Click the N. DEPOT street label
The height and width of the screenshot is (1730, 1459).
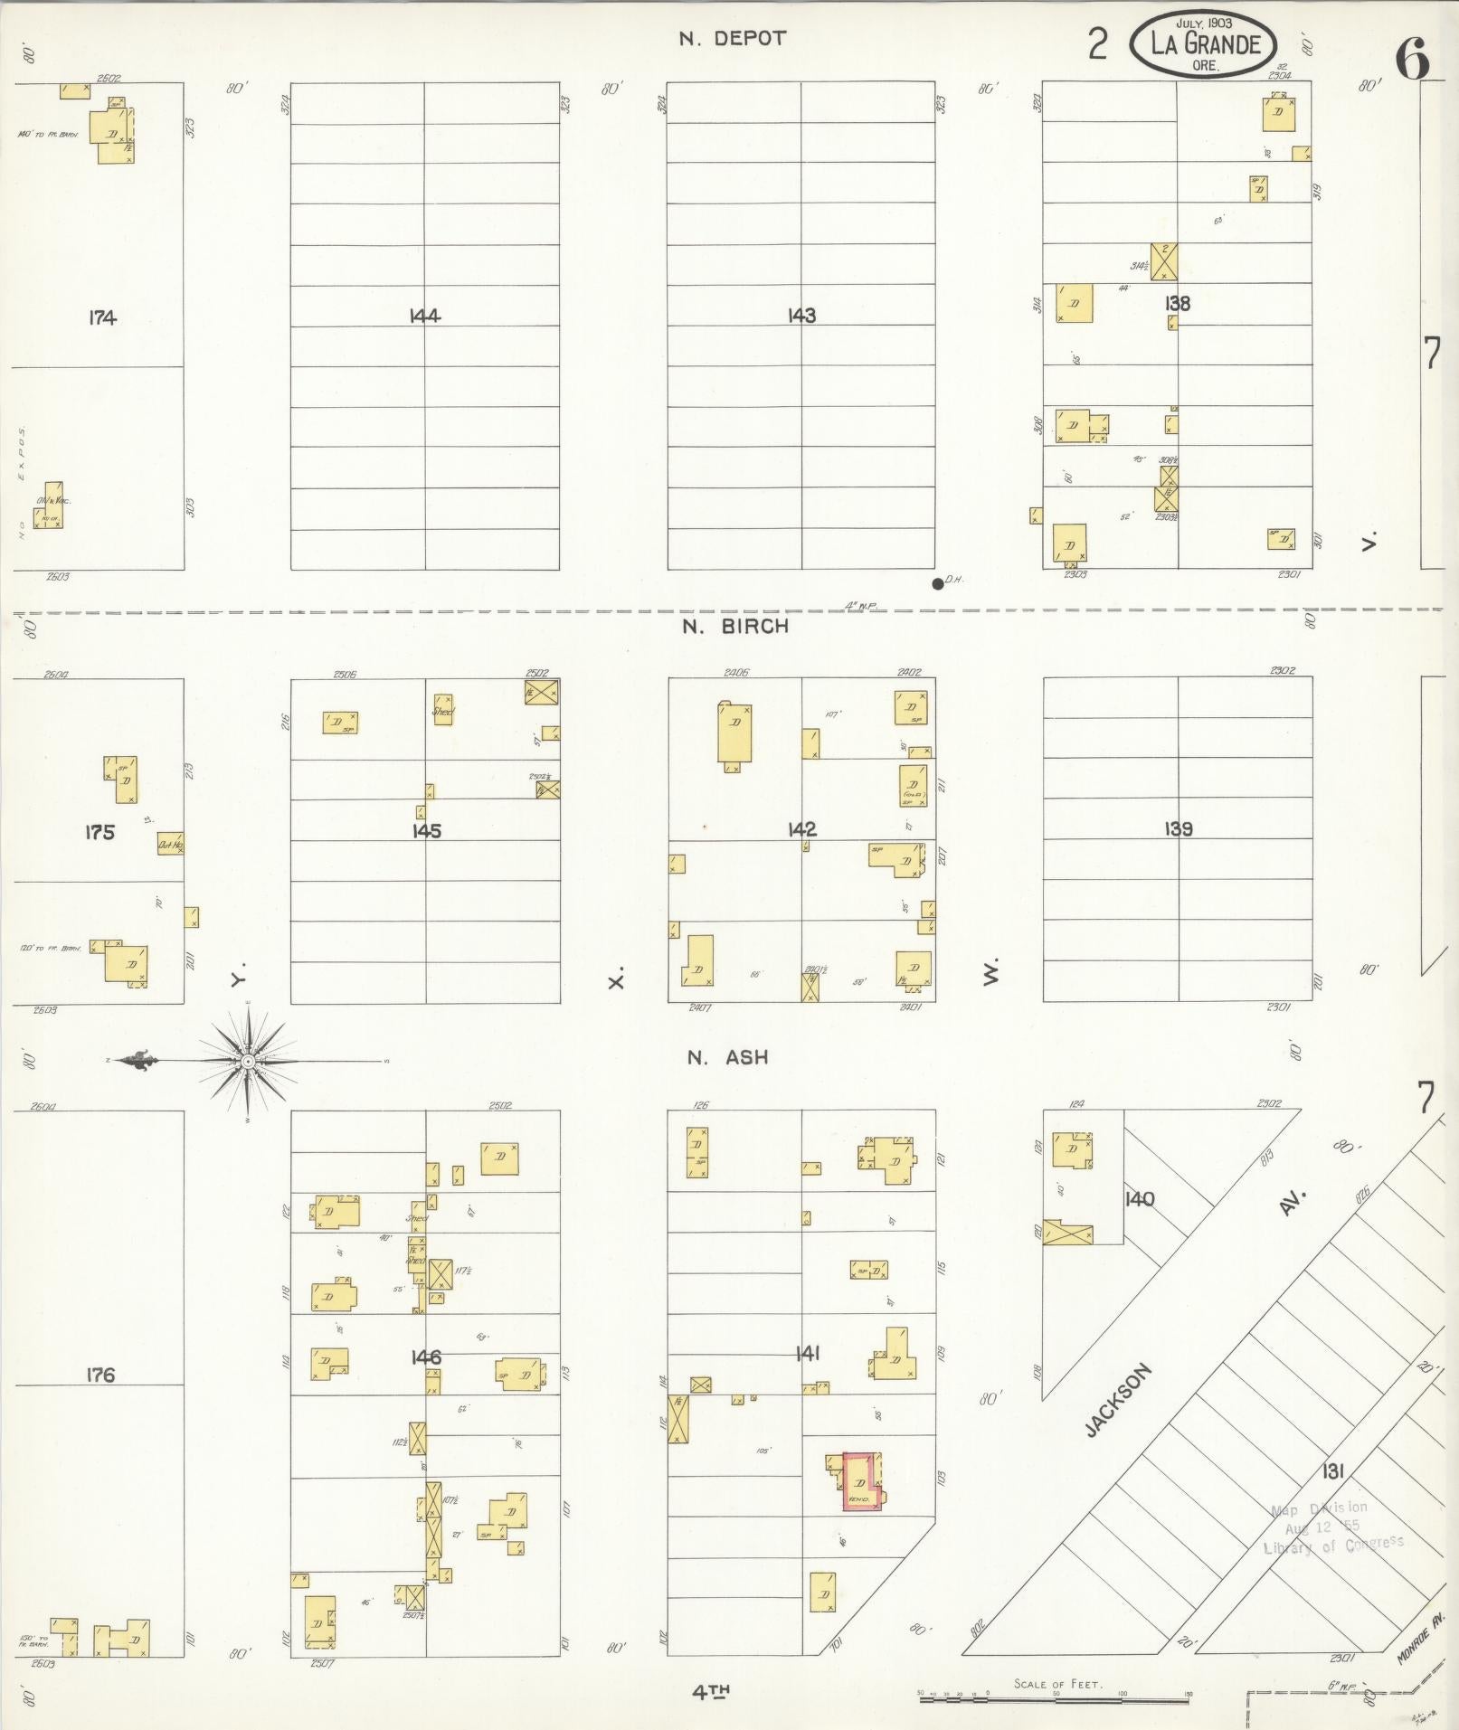(733, 39)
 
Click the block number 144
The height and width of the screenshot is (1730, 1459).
(424, 316)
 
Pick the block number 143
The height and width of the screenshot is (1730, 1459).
(801, 316)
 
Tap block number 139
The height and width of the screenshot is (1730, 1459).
(1179, 828)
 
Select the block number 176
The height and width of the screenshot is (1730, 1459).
(100, 1375)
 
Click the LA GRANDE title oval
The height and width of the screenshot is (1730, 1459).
(1204, 45)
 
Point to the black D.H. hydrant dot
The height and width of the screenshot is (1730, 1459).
(937, 583)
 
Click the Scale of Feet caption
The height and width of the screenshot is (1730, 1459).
(1057, 1684)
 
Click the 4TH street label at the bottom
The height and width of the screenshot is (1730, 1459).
(711, 1692)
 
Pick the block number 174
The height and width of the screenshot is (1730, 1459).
(102, 317)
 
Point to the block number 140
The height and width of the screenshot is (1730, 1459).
(1140, 1199)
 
